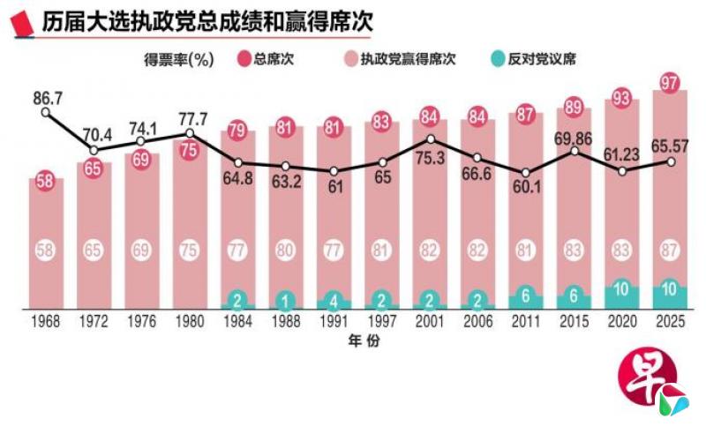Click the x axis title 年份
pyautogui.click(x=360, y=340)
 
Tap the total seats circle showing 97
pyautogui.click(x=669, y=83)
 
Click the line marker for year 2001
pyautogui.click(x=430, y=138)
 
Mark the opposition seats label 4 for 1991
pyautogui.click(x=334, y=297)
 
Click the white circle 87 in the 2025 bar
pyautogui.click(x=669, y=250)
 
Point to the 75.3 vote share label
pyautogui.click(x=430, y=161)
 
